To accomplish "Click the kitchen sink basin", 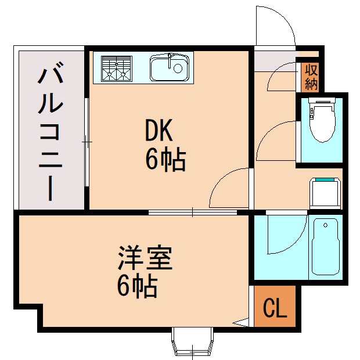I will [170, 69].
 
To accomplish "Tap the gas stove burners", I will [117, 67].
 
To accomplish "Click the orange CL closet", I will [275, 308].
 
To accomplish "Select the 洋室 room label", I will [145, 258].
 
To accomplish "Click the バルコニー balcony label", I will [51, 134].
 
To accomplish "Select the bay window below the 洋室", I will [193, 343].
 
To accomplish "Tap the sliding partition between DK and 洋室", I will [193, 213].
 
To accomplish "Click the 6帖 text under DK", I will [165, 160].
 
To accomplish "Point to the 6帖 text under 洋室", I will [137, 286].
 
